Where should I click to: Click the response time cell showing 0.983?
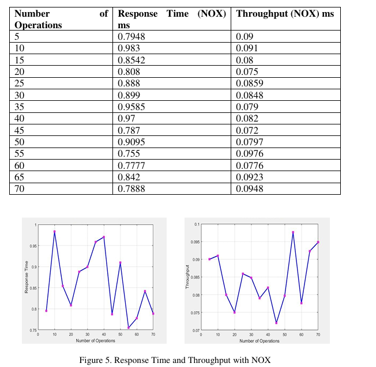128,48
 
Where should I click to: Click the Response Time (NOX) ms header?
172,18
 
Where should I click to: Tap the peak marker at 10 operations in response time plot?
55,232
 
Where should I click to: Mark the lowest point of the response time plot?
129,328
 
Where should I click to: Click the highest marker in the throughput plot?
293,232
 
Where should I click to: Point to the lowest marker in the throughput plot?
276,323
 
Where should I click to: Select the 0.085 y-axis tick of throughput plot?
195,277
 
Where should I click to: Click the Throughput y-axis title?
188,277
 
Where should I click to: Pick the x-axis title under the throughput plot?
260,340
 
